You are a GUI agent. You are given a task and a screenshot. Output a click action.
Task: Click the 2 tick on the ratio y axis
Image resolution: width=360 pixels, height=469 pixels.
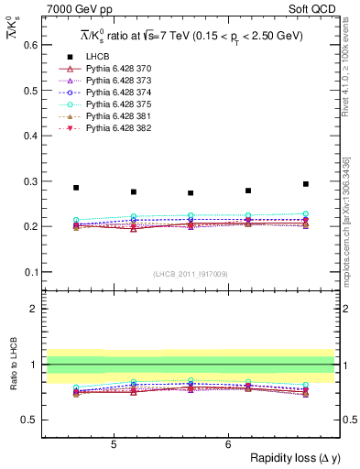tap(35, 309)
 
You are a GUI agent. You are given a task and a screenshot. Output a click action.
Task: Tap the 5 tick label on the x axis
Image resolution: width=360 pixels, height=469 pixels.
tap(114, 444)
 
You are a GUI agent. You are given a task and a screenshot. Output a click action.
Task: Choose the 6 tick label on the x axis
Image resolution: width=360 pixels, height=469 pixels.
tap(228, 444)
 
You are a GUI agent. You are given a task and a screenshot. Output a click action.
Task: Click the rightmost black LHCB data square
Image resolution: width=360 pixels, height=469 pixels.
tap(306, 184)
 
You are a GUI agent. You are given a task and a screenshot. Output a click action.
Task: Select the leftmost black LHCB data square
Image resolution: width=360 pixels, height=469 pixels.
tap(76, 188)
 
